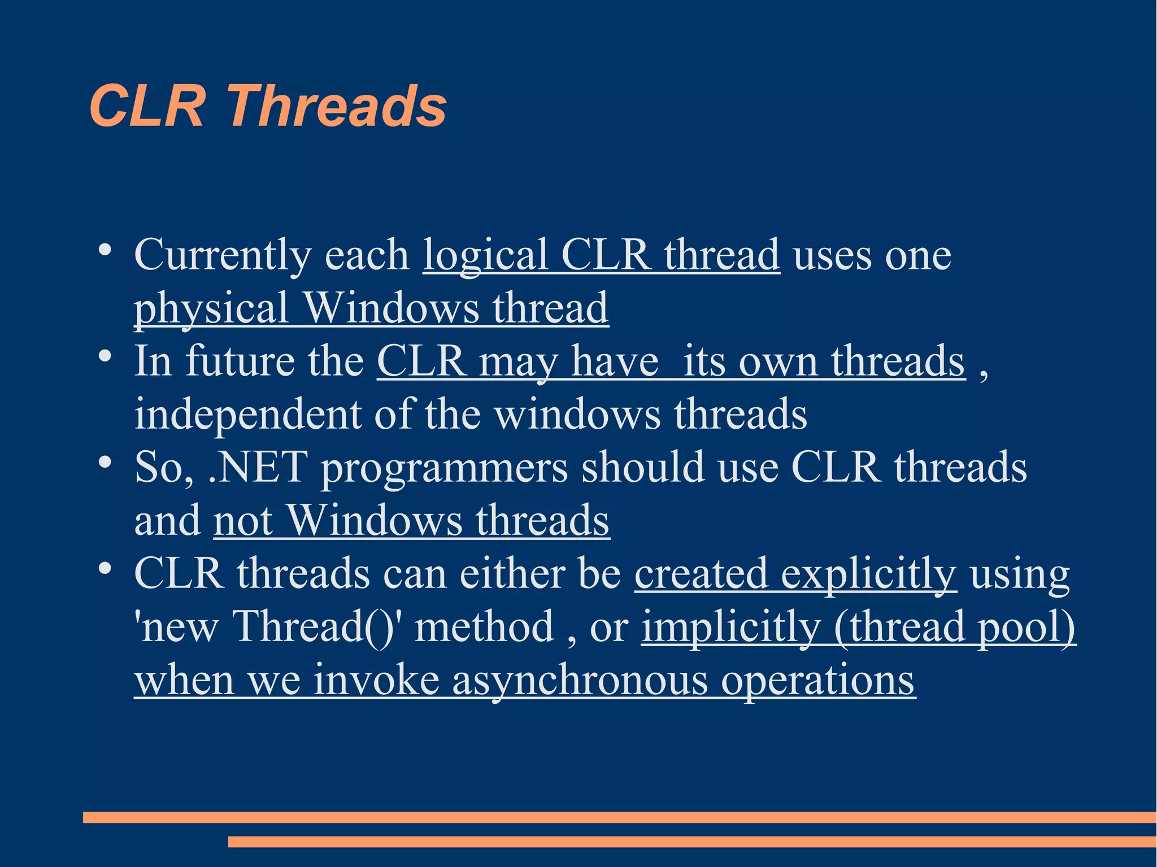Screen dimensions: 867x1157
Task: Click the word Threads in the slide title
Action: (337, 106)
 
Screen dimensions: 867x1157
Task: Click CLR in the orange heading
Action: (146, 106)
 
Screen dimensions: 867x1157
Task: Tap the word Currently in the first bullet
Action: (222, 255)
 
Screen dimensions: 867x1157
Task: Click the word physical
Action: (211, 308)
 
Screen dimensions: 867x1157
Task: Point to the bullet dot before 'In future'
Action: (104, 355)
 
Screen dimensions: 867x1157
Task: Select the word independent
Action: (247, 415)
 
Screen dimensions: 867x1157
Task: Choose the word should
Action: (643, 468)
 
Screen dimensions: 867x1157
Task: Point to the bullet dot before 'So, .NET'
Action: (104, 461)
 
